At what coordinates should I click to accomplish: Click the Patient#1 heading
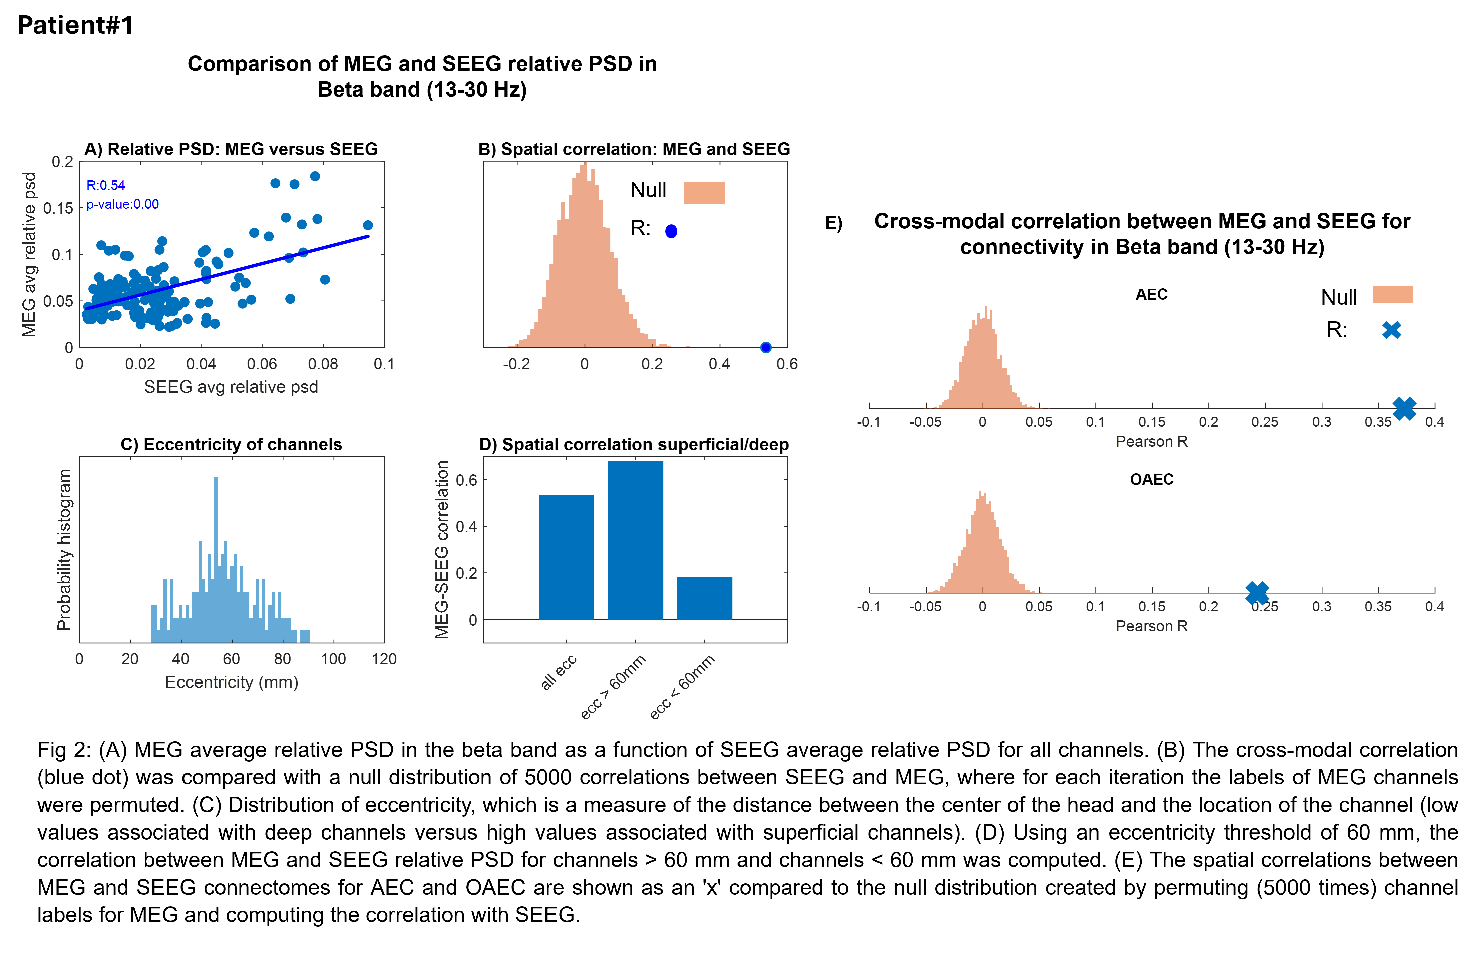pyautogui.click(x=75, y=25)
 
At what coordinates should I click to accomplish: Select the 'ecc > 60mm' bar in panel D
pyautogui.click(x=635, y=539)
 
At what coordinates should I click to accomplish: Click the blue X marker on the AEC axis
pyautogui.click(x=1404, y=408)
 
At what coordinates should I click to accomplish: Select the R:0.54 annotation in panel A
pyautogui.click(x=106, y=185)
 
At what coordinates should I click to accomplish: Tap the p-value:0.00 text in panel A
pyautogui.click(x=122, y=204)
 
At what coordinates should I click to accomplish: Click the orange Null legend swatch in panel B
pyautogui.click(x=704, y=193)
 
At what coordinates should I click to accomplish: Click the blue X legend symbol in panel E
pyautogui.click(x=1391, y=330)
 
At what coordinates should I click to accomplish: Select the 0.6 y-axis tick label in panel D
pyautogui.click(x=467, y=480)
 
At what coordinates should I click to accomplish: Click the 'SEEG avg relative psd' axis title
pyautogui.click(x=231, y=387)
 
